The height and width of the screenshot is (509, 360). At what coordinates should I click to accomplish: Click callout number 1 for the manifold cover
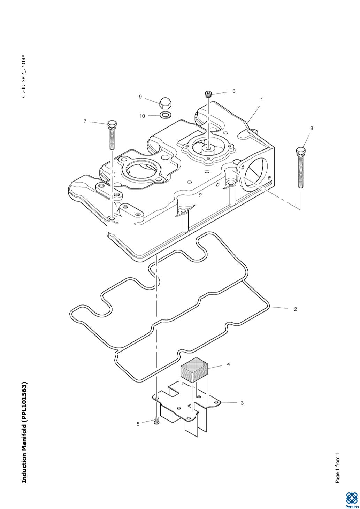[262, 99]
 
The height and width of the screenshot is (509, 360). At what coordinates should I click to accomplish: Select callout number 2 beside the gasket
[295, 309]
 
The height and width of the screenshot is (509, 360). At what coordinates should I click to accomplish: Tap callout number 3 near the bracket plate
[242, 403]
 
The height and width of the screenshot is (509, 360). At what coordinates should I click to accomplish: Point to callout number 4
[228, 364]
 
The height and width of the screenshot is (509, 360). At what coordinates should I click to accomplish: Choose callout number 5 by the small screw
[138, 424]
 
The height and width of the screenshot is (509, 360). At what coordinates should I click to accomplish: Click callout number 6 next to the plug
[234, 91]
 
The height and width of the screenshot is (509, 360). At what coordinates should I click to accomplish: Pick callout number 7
[85, 121]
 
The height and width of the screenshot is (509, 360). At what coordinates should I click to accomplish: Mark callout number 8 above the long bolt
[312, 128]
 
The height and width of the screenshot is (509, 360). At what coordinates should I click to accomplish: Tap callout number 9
[140, 97]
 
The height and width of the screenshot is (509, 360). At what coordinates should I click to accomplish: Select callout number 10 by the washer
[142, 116]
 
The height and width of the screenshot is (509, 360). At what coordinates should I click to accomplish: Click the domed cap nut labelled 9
[164, 103]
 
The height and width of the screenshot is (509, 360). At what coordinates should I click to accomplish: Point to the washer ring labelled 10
[165, 115]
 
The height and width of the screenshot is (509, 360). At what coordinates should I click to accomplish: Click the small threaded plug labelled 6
[208, 94]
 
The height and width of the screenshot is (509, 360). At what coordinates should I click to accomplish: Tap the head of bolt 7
[112, 124]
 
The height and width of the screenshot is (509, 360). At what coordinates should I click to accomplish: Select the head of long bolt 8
[301, 151]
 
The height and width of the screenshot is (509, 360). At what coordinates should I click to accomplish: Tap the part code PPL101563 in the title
[24, 403]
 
